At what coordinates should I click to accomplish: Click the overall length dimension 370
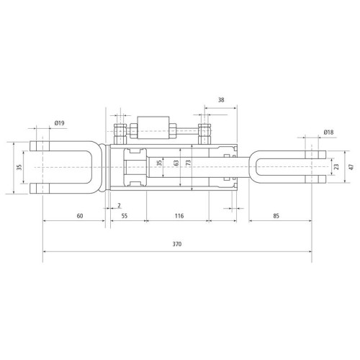pyautogui.click(x=177, y=244)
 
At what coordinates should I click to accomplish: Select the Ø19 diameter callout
pyautogui.click(x=59, y=123)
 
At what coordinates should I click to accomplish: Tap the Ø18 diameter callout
pyautogui.click(x=328, y=132)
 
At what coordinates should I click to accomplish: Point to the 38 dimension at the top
pyautogui.click(x=221, y=100)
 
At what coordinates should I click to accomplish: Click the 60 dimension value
pyautogui.click(x=80, y=216)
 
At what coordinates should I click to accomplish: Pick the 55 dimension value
pyautogui.click(x=125, y=216)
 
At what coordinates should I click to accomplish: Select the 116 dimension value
pyautogui.click(x=179, y=216)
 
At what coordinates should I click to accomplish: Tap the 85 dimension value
pyautogui.click(x=276, y=216)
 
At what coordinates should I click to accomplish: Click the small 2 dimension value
pyautogui.click(x=119, y=205)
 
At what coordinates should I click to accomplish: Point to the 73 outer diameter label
pyautogui.click(x=189, y=163)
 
